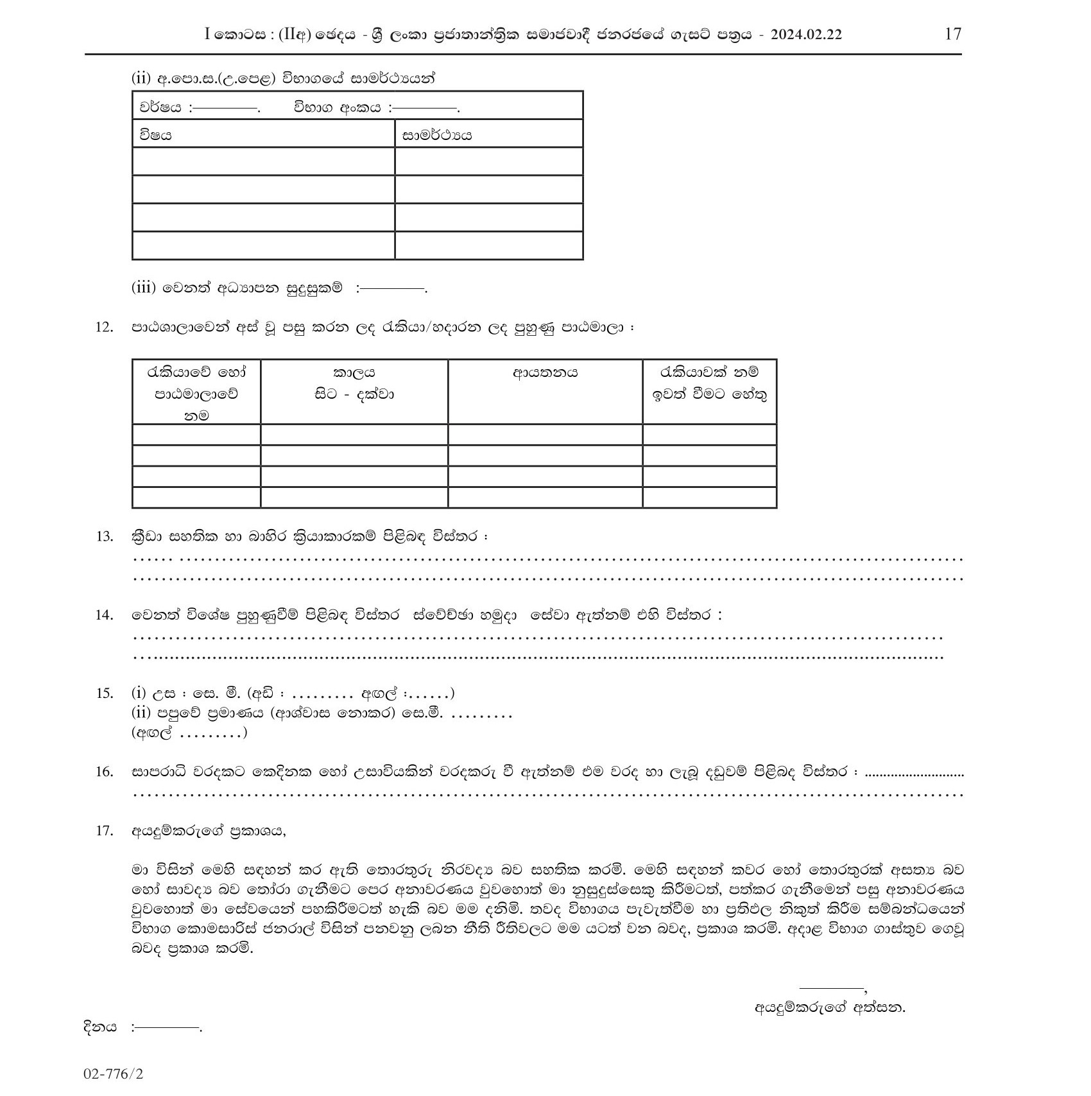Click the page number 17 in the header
[x=953, y=34]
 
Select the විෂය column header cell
[x=263, y=135]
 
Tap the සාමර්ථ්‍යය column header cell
[x=488, y=135]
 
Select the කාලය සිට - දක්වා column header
[x=354, y=383]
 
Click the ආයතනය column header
[x=545, y=373]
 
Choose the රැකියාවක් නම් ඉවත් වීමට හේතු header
[x=709, y=383]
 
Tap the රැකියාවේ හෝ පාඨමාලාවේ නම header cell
[x=196, y=393]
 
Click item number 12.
[x=104, y=327]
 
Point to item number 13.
[x=104, y=537]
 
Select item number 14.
[x=104, y=615]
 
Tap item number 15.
[x=104, y=693]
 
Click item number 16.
[x=104, y=772]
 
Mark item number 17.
[x=104, y=831]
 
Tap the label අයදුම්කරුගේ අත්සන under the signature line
[x=830, y=1007]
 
